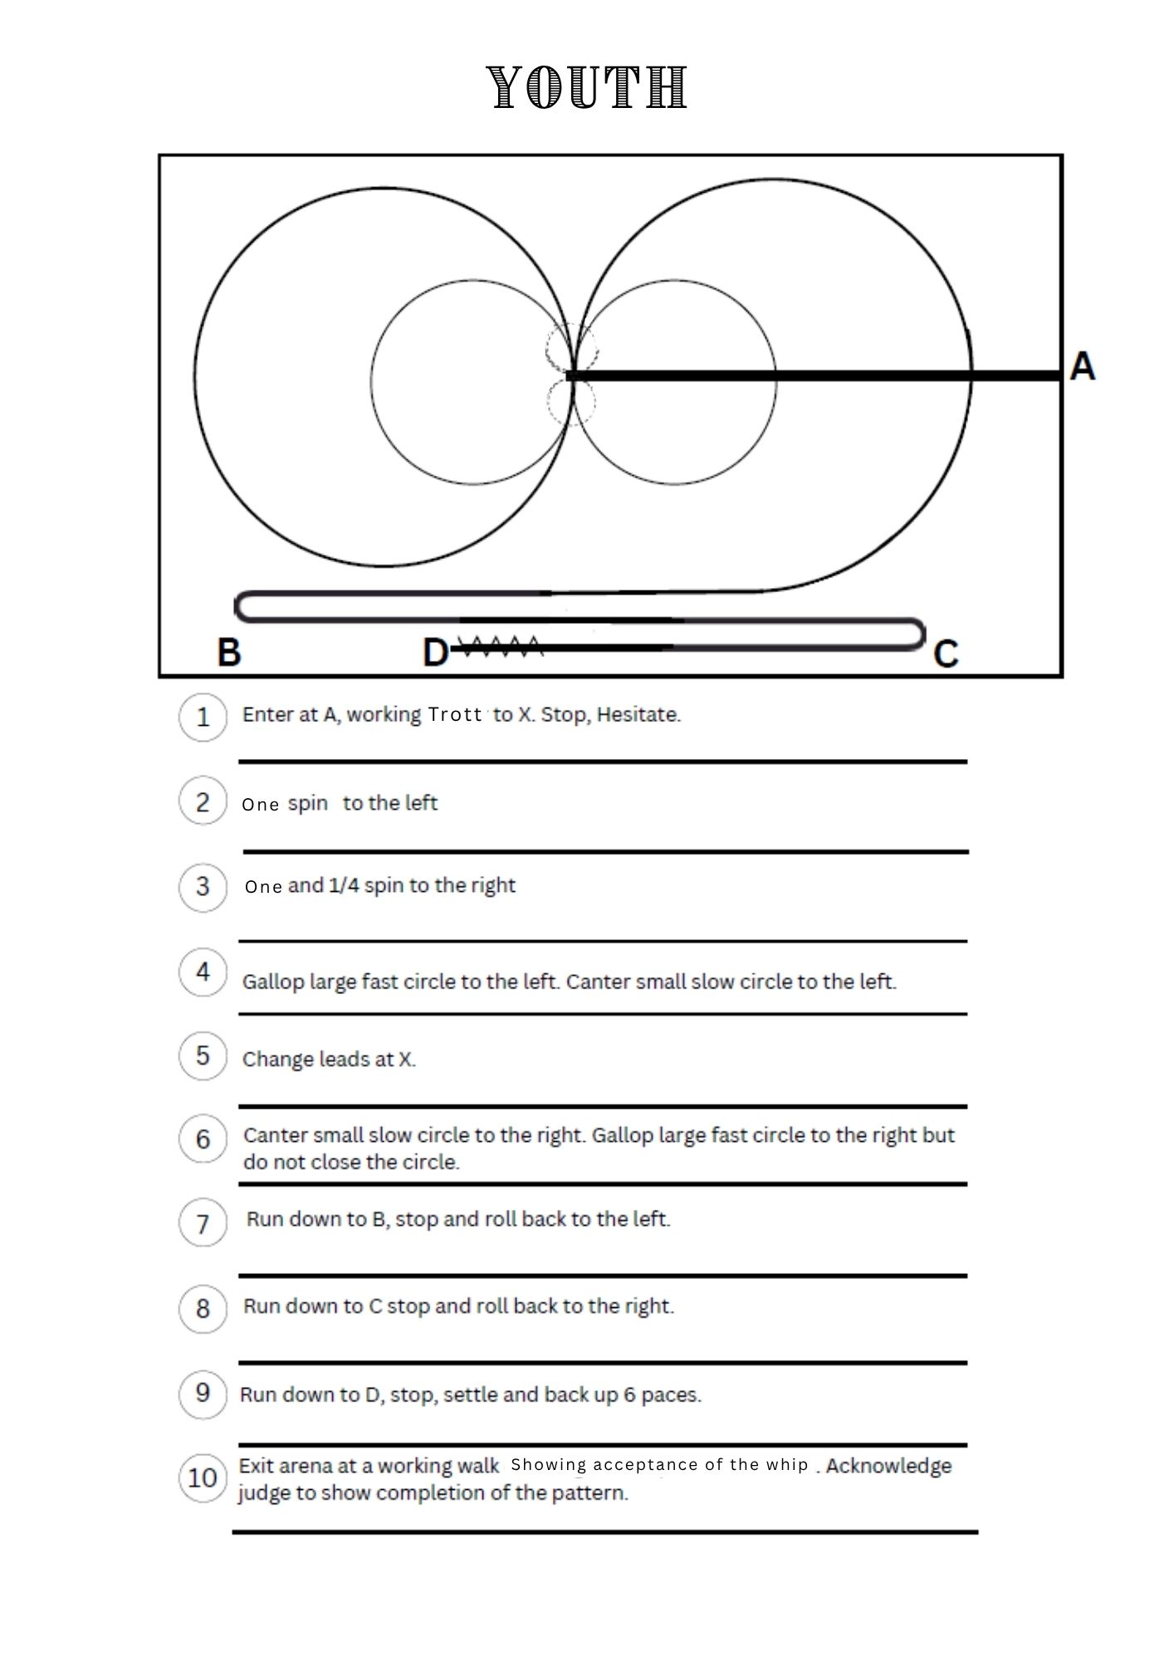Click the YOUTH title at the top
[x=587, y=87]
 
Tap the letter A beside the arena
[x=1082, y=366]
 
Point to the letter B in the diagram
[x=229, y=652]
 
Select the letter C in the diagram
[x=946, y=654]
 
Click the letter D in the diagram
[x=436, y=653]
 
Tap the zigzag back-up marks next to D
[x=501, y=644]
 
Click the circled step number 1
[x=203, y=717]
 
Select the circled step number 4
[x=203, y=971]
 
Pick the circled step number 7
[x=203, y=1222]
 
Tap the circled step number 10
[x=203, y=1478]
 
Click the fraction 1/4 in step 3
[x=344, y=885]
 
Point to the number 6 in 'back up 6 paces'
[x=629, y=1394]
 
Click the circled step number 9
[x=203, y=1392]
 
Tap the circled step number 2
[x=203, y=801]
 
